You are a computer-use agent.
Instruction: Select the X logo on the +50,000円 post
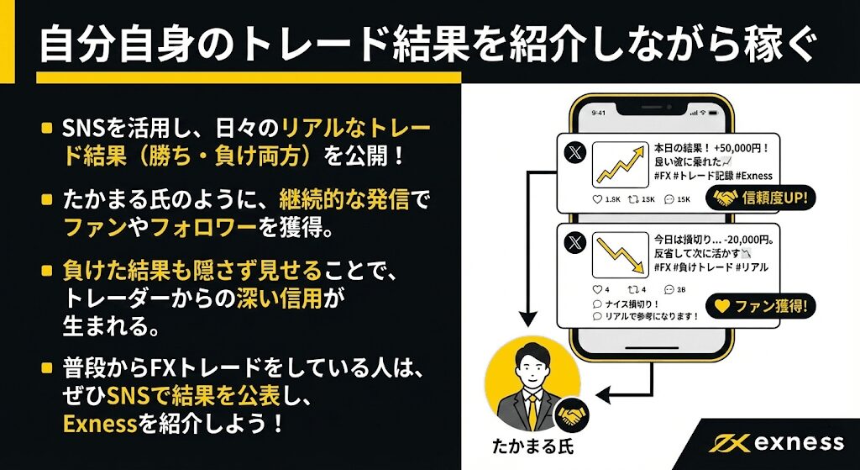pyautogui.click(x=574, y=154)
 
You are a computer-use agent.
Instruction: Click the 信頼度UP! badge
pyautogui.click(x=763, y=198)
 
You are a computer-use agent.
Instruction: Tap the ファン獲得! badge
pyautogui.click(x=761, y=306)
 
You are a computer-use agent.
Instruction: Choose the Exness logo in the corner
pyautogui.click(x=777, y=442)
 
